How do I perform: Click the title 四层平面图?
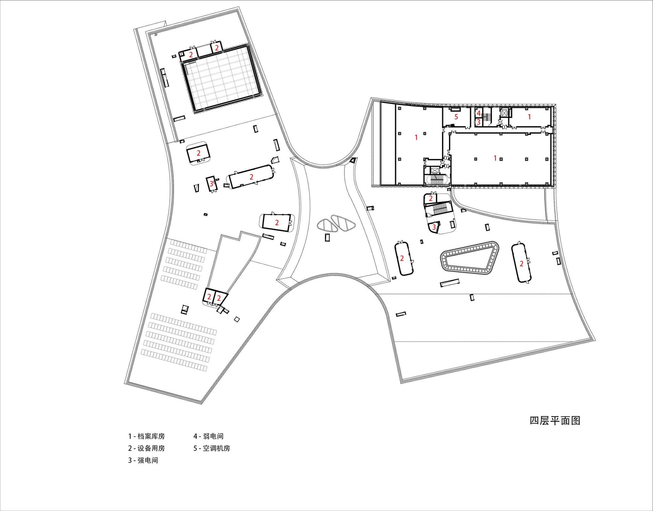(x=555, y=420)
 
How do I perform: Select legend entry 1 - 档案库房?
(x=147, y=436)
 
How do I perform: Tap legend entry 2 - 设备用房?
(x=147, y=448)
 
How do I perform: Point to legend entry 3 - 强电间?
(x=143, y=460)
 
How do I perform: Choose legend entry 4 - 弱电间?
(x=208, y=436)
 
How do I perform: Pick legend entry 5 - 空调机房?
(x=212, y=448)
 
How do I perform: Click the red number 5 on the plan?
(x=456, y=116)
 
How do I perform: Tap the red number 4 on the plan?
(x=479, y=113)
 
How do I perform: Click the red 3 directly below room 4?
(x=479, y=122)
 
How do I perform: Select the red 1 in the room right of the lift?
(x=529, y=116)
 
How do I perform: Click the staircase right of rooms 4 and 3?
(x=487, y=118)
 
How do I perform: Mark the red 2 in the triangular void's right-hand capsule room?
(x=521, y=264)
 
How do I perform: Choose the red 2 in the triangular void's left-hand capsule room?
(x=402, y=259)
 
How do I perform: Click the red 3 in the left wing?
(x=211, y=184)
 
